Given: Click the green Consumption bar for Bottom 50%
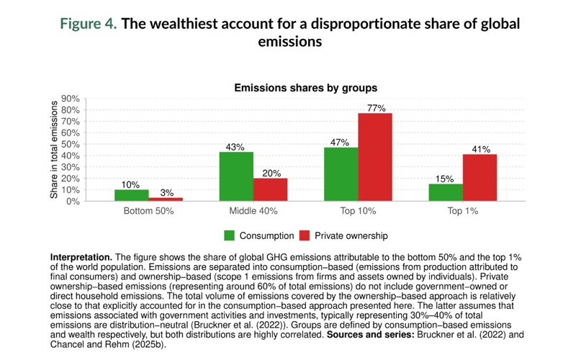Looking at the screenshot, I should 132,195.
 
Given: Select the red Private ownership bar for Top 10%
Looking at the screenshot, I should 375,157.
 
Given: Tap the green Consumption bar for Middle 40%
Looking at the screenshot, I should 236,176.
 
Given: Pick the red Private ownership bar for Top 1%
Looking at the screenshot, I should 480,178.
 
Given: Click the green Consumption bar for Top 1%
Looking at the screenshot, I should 446,192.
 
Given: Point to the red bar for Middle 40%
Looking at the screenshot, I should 270,189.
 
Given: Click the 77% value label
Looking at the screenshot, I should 375,108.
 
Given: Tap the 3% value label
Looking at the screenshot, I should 166,192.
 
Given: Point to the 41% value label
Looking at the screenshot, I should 480,149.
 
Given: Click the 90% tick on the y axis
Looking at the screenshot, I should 70,99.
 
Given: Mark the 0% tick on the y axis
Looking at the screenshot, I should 72,201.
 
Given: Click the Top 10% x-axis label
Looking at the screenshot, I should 358,213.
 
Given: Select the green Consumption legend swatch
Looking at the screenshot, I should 230,235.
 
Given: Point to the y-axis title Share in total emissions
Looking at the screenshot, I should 54,150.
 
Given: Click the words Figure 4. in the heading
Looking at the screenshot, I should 86,24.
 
